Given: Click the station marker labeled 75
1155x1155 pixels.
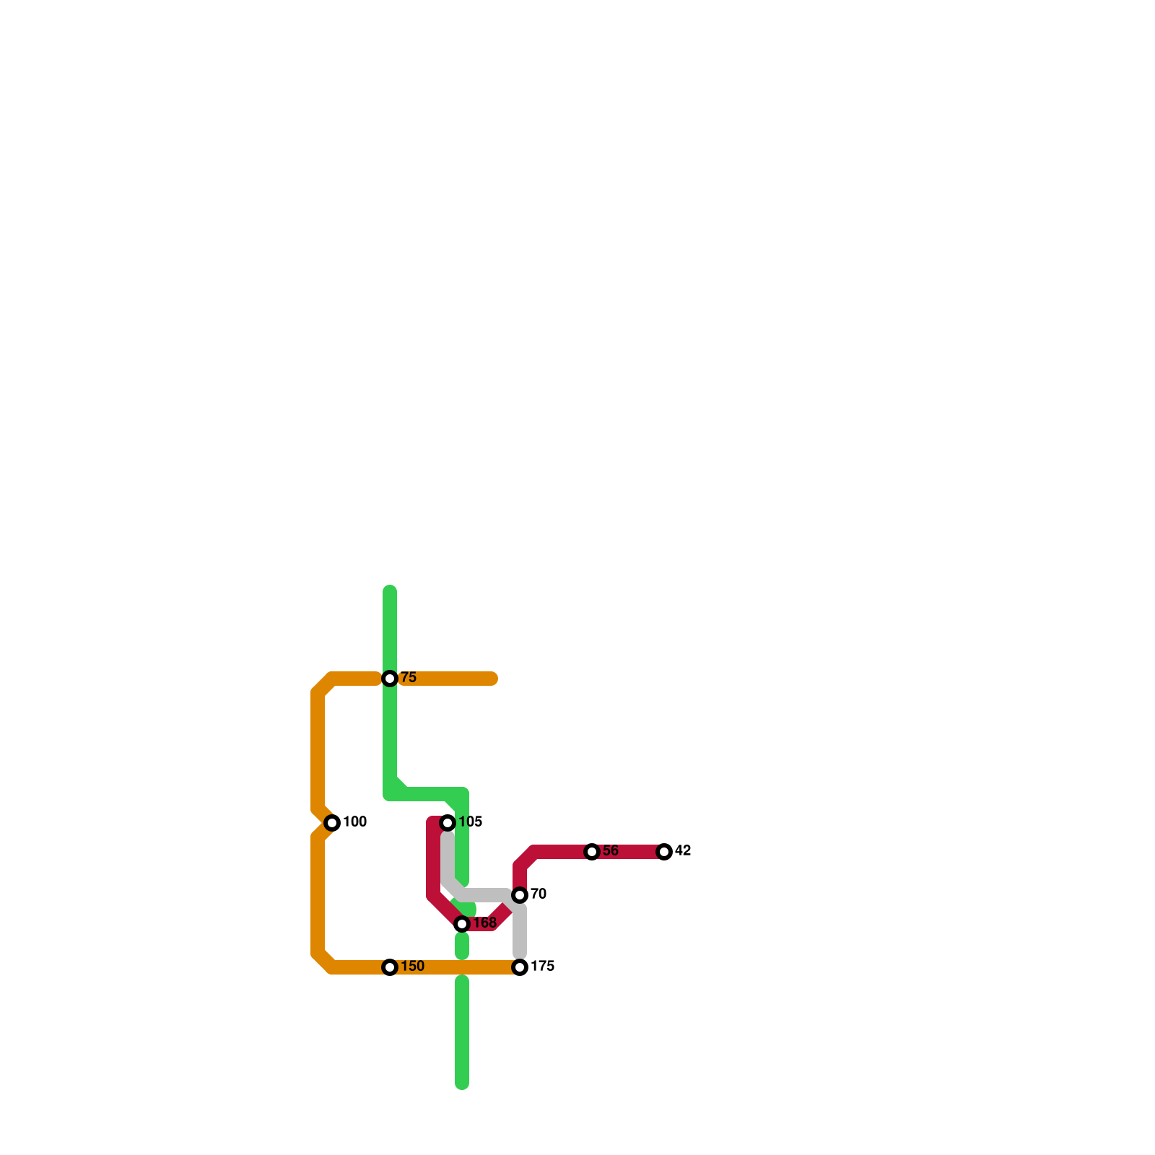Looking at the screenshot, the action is coord(390,679).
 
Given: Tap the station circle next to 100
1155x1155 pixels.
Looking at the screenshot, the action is coord(332,823).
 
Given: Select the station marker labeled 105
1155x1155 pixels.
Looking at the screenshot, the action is coord(448,823).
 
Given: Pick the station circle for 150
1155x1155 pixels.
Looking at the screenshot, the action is coord(390,967).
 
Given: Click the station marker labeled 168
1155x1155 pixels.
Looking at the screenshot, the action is coord(462,924).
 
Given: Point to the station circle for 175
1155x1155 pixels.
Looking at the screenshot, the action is coord(520,967).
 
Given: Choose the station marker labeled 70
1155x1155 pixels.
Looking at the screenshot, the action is coord(520,895).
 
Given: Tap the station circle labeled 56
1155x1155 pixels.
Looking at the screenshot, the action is coord(592,852).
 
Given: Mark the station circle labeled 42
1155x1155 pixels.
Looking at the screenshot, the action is coord(664,852).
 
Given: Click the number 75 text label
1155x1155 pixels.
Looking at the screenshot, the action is coord(409,678).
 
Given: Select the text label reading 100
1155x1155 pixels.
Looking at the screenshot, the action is coord(354,822).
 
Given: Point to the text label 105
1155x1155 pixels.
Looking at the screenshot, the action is coord(470,822).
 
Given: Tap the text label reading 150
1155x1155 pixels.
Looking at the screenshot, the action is coord(412,967).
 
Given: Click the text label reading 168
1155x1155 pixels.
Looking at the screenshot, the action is coord(484,923).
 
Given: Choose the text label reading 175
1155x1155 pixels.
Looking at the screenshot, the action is coord(542,967).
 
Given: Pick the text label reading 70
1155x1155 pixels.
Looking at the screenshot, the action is coord(539,894).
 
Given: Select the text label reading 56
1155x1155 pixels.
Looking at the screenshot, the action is coord(611,851).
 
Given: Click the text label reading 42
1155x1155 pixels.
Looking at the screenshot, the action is coord(683,851).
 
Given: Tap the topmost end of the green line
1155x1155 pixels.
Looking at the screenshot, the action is coord(390,591).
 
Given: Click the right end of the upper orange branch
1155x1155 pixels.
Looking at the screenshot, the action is coord(494,679).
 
